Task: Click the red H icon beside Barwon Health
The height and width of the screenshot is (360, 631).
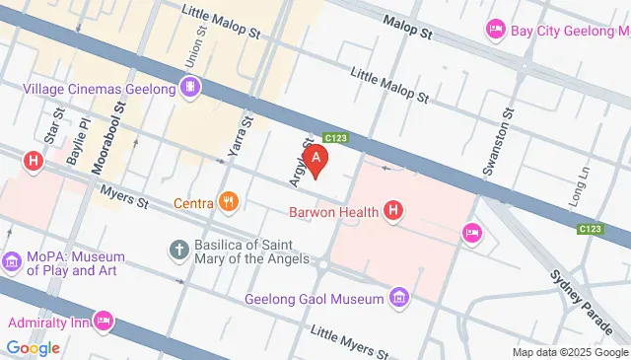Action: tap(393, 210)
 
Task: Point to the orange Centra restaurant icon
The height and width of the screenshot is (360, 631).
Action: tap(229, 203)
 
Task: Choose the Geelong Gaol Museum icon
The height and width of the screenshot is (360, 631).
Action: tap(398, 296)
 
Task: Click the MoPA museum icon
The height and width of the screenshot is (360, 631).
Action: tap(12, 261)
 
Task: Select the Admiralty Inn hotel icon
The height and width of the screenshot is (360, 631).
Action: tap(105, 321)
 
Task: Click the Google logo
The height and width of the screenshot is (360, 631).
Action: tap(32, 347)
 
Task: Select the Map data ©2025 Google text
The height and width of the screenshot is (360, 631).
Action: tap(570, 352)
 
